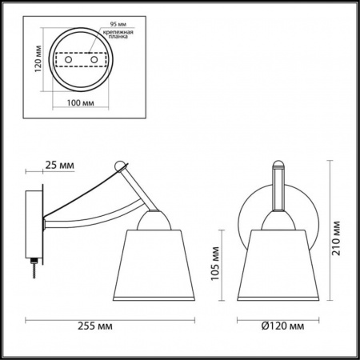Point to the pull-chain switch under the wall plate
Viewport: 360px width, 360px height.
pos(35,268)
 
